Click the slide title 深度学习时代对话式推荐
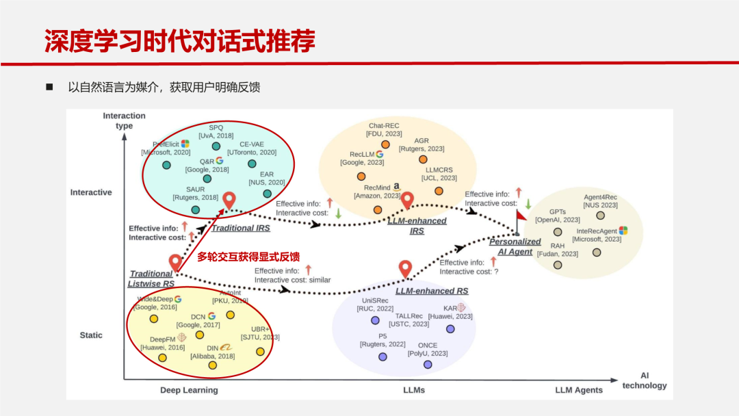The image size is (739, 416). (x=179, y=41)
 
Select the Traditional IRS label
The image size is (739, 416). (x=245, y=228)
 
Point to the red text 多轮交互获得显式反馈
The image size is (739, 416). (x=248, y=257)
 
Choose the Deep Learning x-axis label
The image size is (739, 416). (x=189, y=390)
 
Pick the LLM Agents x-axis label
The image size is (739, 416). (x=579, y=390)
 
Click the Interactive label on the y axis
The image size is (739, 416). (x=91, y=192)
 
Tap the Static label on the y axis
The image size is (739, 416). (x=91, y=335)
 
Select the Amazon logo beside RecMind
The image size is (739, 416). (x=397, y=186)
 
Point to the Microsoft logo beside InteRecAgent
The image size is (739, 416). (x=623, y=231)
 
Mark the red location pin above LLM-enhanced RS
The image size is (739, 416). (x=405, y=269)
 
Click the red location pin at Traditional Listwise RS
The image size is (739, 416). (x=175, y=262)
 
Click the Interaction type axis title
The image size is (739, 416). (x=124, y=120)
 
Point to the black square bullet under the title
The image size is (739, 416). (x=49, y=87)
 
